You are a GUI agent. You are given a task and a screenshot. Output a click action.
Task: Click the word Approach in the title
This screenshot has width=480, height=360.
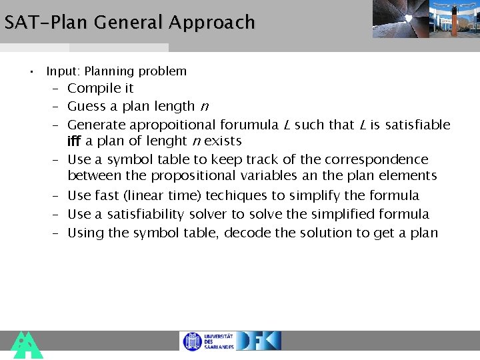click(x=211, y=23)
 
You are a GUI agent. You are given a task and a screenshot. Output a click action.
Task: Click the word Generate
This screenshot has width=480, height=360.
click(x=96, y=125)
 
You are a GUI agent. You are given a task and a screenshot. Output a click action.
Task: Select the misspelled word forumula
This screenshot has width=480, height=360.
click(x=249, y=125)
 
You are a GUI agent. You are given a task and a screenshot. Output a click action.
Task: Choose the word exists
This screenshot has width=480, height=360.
click(x=223, y=141)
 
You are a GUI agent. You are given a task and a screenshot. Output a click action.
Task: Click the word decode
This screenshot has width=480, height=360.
click(x=247, y=233)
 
